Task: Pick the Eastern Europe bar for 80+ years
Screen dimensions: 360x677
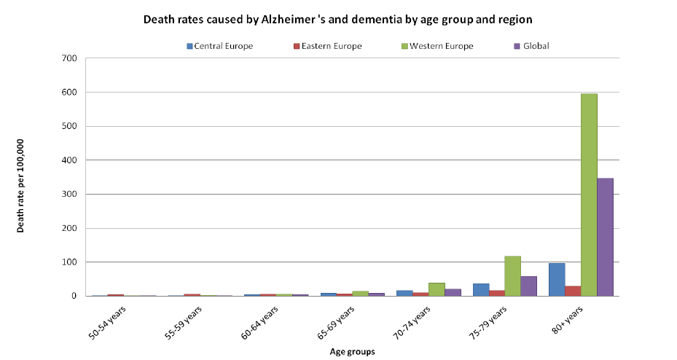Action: pos(573,291)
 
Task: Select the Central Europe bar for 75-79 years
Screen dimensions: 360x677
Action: pos(480,289)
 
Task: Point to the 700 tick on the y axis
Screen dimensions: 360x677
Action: pos(70,58)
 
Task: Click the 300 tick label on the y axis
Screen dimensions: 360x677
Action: pos(70,195)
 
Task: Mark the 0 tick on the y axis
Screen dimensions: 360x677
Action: pos(74,296)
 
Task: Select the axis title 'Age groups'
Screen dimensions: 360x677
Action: pos(351,352)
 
